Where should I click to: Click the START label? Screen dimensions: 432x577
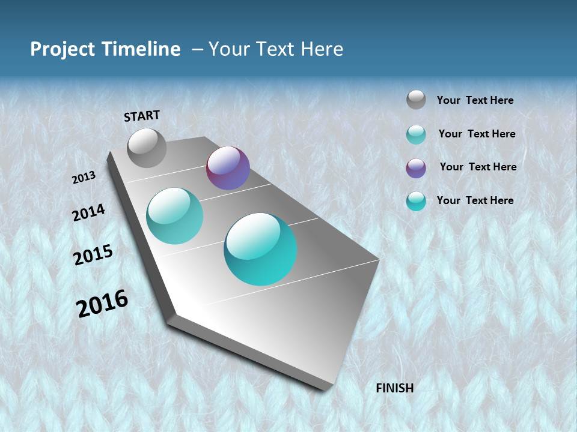[x=142, y=116]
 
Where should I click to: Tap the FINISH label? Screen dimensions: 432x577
[x=394, y=388]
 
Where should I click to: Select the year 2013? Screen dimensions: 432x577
[x=84, y=178]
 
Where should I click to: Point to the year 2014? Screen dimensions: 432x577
[x=89, y=212]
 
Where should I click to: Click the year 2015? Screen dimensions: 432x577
[x=93, y=255]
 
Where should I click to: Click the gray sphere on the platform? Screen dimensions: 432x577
[x=147, y=148]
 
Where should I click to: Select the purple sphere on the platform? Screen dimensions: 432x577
[x=228, y=168]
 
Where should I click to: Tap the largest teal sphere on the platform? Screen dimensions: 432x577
[x=260, y=249]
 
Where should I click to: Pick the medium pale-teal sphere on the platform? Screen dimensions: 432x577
[x=174, y=216]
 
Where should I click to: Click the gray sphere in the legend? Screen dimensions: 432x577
[x=416, y=100]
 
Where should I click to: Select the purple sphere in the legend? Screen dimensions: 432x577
[x=416, y=167]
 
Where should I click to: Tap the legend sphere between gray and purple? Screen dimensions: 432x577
[x=416, y=134]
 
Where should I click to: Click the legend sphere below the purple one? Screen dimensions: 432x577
[x=416, y=201]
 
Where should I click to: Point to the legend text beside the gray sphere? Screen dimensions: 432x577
[x=475, y=100]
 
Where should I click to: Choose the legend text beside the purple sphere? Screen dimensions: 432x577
[x=478, y=167]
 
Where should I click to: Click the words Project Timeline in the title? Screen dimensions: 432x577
[x=105, y=49]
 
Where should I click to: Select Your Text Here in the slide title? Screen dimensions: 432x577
[x=275, y=49]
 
